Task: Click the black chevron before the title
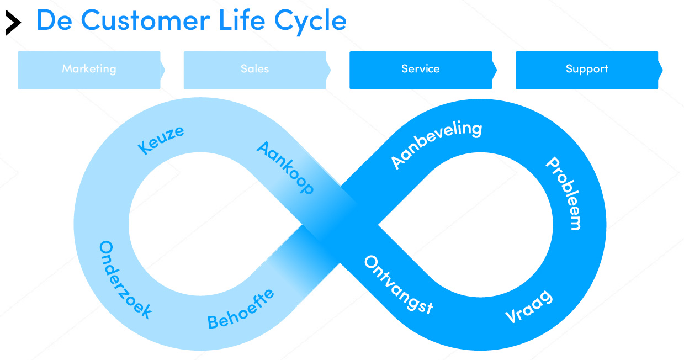pyautogui.click(x=13, y=23)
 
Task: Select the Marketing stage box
pyautogui.click(x=89, y=70)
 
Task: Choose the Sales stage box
pyautogui.click(x=255, y=70)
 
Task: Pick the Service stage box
pyautogui.click(x=421, y=70)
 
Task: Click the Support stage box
pyautogui.click(x=587, y=70)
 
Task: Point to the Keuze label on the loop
pyautogui.click(x=161, y=140)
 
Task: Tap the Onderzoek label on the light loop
pyautogui.click(x=125, y=279)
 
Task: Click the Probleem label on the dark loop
pyautogui.click(x=564, y=193)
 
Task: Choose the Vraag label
pyautogui.click(x=529, y=307)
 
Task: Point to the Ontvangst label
pyautogui.click(x=398, y=284)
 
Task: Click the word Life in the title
pyautogui.click(x=246, y=20)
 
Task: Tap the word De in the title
pyautogui.click(x=55, y=20)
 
